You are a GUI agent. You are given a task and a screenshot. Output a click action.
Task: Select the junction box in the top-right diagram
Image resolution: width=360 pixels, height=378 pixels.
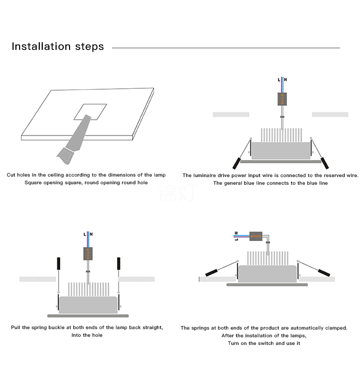tap(282, 99)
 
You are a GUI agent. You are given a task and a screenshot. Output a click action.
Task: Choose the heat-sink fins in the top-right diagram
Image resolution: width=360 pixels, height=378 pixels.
tap(281, 135)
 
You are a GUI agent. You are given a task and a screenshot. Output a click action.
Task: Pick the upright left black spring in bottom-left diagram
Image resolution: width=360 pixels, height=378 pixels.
tap(58, 264)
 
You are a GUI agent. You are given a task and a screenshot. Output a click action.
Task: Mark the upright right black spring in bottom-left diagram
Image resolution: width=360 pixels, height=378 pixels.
tap(118, 264)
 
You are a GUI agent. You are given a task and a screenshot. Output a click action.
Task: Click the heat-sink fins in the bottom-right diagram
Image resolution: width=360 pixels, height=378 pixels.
tap(267, 258)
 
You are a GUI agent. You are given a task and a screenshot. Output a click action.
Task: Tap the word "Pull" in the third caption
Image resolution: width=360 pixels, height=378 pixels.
tap(16, 328)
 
